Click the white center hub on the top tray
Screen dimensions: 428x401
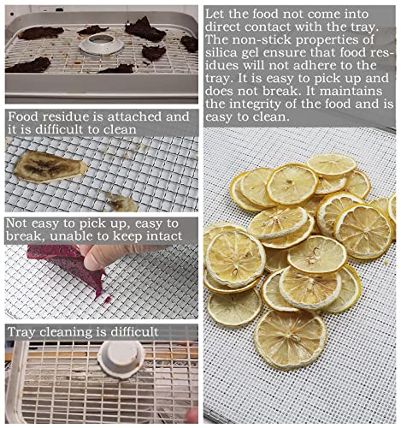point(102,42)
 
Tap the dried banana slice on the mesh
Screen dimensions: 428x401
point(50,165)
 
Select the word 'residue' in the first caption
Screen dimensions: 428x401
point(74,116)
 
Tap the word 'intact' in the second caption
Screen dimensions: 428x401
point(162,235)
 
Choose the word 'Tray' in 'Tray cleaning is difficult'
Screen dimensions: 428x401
point(25,331)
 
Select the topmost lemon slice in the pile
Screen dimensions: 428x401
point(331,164)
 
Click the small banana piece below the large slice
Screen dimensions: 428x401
point(123,203)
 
